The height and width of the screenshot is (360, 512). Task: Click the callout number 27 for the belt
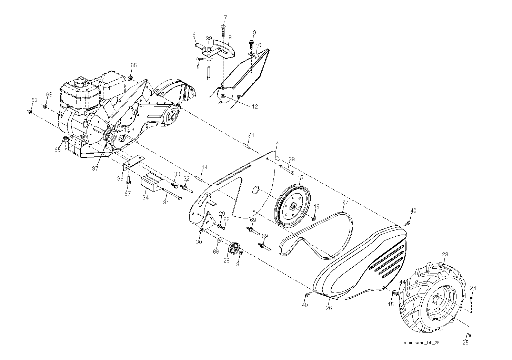(x=345, y=202)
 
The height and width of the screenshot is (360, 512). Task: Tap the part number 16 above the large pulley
(x=300, y=177)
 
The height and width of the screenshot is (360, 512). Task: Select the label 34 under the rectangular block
(x=145, y=198)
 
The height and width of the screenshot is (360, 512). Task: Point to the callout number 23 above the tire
(x=445, y=254)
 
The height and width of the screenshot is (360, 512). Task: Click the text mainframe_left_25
(x=421, y=343)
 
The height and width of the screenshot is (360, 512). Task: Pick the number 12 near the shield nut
(x=255, y=106)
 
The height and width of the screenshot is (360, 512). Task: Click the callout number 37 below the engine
(x=95, y=168)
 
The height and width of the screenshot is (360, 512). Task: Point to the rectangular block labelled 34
(x=152, y=182)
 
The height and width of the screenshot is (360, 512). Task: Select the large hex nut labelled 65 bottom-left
(x=66, y=140)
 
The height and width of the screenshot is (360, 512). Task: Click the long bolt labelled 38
(x=287, y=169)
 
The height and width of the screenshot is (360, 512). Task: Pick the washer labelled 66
(x=219, y=239)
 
